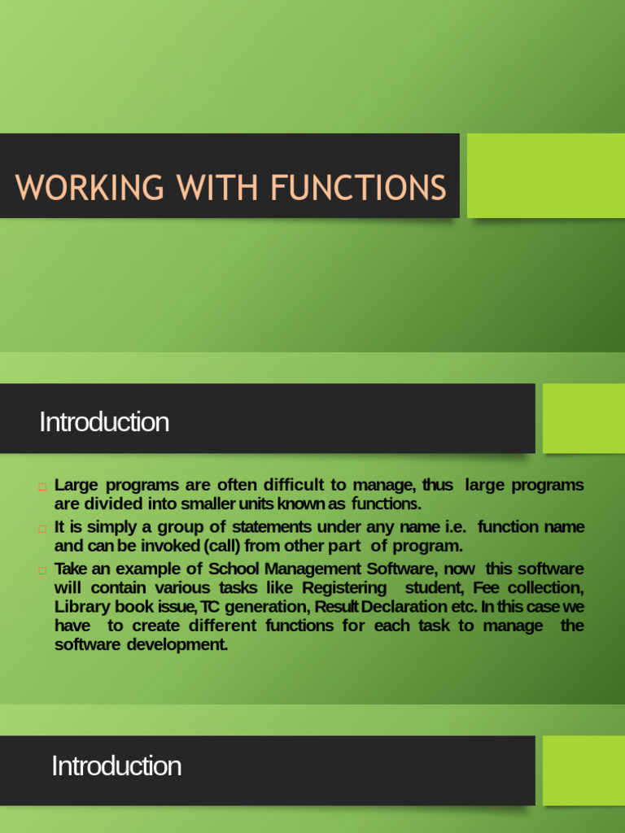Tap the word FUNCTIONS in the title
click(x=358, y=188)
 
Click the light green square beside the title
click(x=545, y=176)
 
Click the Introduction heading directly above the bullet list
click(x=104, y=422)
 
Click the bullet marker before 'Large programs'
click(x=42, y=486)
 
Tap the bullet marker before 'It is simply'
click(x=42, y=528)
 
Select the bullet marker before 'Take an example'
click(x=42, y=569)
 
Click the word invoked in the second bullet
click(x=170, y=546)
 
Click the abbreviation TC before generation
click(x=209, y=607)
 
